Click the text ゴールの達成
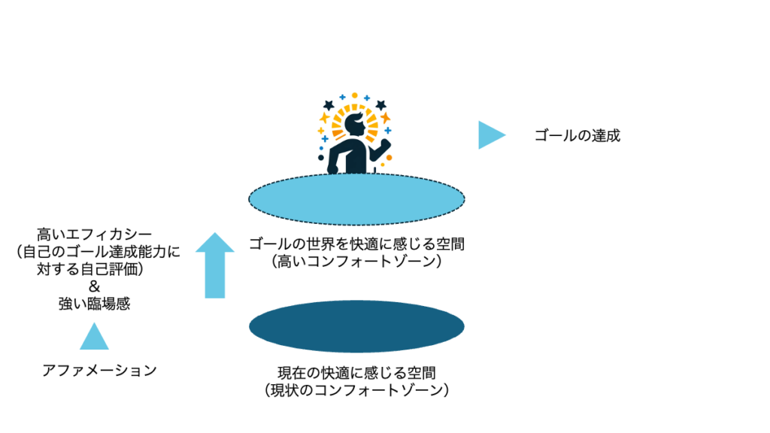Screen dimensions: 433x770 point(577,136)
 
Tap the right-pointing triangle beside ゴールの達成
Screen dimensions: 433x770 point(490,135)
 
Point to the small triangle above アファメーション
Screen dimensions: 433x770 point(94,338)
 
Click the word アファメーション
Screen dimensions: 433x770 point(99,370)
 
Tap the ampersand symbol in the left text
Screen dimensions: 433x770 point(93,286)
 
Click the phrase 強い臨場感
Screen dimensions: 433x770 point(93,304)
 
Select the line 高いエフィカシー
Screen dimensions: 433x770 point(93,235)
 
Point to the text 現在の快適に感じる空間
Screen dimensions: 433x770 point(356,373)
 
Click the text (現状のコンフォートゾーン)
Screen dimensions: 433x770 point(356,390)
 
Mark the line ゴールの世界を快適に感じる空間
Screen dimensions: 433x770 point(356,244)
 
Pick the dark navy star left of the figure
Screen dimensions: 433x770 point(328,105)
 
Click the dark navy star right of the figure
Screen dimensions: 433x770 point(380,104)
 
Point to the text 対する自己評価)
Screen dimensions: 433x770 point(93,269)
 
